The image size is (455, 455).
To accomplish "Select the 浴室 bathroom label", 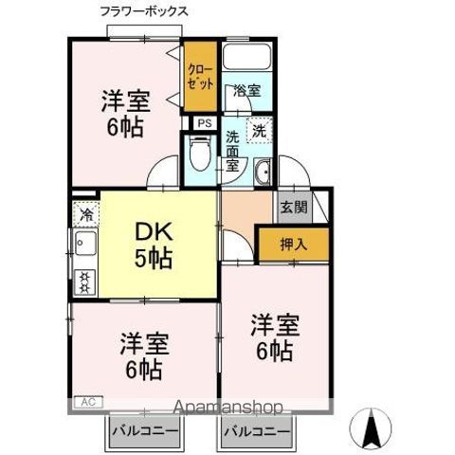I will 247,91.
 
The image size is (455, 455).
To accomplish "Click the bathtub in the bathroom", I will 247,59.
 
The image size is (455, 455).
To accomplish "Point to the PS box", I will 204,123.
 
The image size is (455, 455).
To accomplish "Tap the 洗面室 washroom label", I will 232,151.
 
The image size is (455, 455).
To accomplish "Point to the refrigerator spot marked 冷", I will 85,214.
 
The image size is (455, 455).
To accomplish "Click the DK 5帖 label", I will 153,242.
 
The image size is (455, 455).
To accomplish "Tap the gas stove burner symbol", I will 84,281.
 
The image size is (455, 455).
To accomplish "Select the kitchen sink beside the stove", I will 83,250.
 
